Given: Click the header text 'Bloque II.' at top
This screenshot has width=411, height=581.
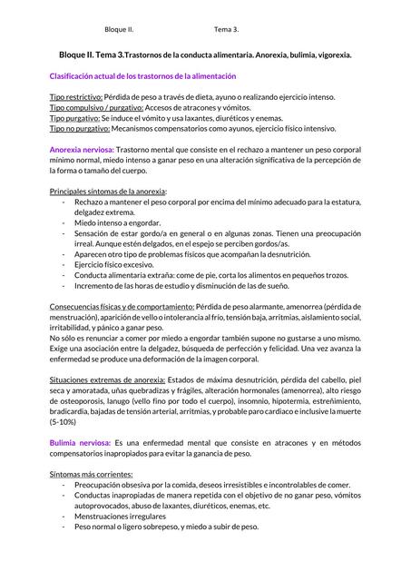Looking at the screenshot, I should click(119, 29).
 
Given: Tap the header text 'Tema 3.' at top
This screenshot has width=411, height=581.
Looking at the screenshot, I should click(227, 29).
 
